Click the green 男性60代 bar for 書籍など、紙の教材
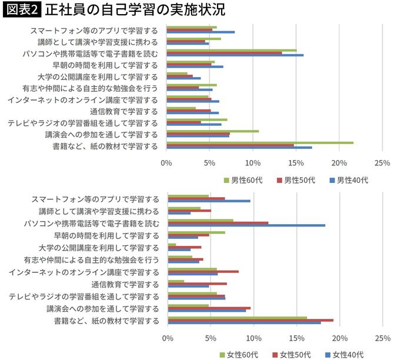tap(260, 142)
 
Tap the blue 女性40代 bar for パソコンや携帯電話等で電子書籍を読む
tap(246, 225)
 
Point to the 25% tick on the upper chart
tap(382, 162)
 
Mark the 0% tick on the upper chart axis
tap(167, 162)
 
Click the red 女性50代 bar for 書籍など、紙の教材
tap(251, 320)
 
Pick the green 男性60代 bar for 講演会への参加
tap(213, 131)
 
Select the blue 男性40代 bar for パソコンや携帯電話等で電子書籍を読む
tap(235, 55)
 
